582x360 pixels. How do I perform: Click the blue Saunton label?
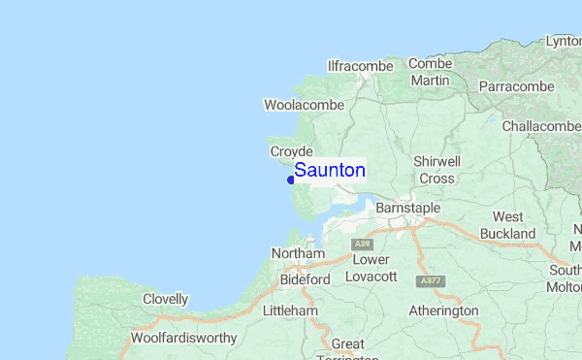pyautogui.click(x=330, y=171)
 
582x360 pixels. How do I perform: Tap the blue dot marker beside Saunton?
pyautogui.click(x=291, y=180)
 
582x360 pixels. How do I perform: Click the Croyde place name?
pyautogui.click(x=291, y=151)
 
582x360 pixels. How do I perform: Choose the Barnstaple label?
pyautogui.click(x=407, y=209)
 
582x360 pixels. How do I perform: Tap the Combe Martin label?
pyautogui.click(x=430, y=72)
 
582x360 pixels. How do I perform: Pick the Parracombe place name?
pyautogui.click(x=516, y=86)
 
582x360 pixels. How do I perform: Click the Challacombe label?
pyautogui.click(x=541, y=126)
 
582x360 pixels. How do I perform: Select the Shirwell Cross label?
pyautogui.click(x=436, y=170)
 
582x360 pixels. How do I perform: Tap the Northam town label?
pyautogui.click(x=297, y=253)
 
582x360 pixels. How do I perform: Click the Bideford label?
pyautogui.click(x=305, y=279)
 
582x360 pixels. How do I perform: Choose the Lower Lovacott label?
pyautogui.click(x=371, y=268)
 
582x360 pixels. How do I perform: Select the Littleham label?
pyautogui.click(x=290, y=311)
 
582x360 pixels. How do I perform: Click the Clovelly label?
pyautogui.click(x=165, y=299)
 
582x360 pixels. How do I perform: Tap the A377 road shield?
pyautogui.click(x=430, y=280)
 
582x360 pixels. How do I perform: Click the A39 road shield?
pyautogui.click(x=363, y=243)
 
